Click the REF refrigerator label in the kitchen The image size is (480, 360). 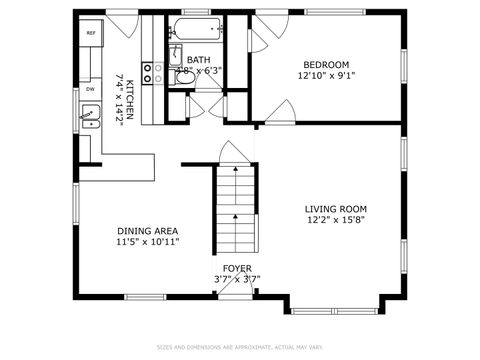pyautogui.click(x=90, y=33)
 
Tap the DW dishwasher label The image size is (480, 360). pyautogui.click(x=90, y=89)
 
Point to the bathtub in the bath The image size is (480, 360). pyautogui.click(x=198, y=29)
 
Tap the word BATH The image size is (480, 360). pyautogui.click(x=198, y=59)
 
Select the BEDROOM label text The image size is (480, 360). pyautogui.click(x=325, y=63)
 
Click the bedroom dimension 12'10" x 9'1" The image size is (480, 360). pyautogui.click(x=325, y=75)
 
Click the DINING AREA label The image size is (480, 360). pyautogui.click(x=147, y=230)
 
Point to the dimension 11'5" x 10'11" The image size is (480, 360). pyautogui.click(x=147, y=242)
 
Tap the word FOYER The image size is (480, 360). pyautogui.click(x=237, y=268)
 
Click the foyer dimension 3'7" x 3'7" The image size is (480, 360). pyautogui.click(x=237, y=280)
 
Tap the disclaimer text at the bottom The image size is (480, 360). pyautogui.click(x=239, y=347)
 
